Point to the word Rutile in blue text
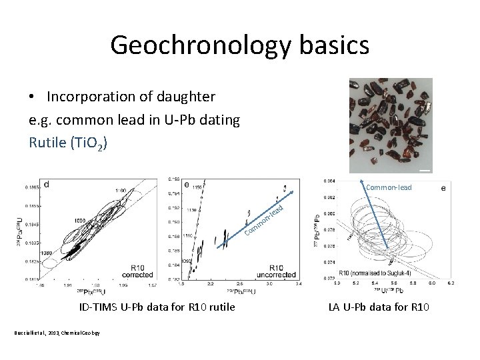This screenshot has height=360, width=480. tap(45, 142)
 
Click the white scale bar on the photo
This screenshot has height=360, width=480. tap(425, 171)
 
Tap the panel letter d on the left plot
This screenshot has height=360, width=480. tap(47, 184)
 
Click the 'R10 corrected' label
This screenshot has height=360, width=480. tap(137, 271)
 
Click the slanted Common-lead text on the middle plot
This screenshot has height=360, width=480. tap(265, 221)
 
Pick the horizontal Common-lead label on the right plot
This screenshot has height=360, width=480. tap(389, 187)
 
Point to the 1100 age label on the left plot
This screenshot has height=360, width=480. tap(121, 191)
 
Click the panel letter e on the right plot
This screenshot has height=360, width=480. tap(444, 189)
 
